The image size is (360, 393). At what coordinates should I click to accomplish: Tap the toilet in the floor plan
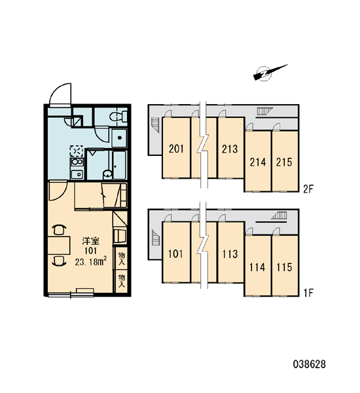pyautogui.click(x=118, y=117)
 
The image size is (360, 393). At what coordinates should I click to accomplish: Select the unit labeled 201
pyautogui.click(x=176, y=149)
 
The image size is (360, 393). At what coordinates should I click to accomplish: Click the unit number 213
pyautogui.click(x=230, y=149)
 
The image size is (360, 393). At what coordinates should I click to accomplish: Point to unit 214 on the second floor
pyautogui.click(x=257, y=162)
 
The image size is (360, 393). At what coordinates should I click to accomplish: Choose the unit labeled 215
pyautogui.click(x=284, y=162)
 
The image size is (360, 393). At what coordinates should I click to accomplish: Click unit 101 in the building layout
pyautogui.click(x=175, y=254)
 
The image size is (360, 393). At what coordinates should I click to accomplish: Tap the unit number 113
pyautogui.click(x=230, y=254)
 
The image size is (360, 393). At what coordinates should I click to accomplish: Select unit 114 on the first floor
pyautogui.click(x=257, y=267)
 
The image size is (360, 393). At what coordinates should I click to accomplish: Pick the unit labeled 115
pyautogui.click(x=284, y=267)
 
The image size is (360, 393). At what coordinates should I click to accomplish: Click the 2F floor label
pyautogui.click(x=308, y=189)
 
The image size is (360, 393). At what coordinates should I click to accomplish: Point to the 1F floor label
pyautogui.click(x=309, y=293)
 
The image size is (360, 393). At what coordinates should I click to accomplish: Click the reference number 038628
pyautogui.click(x=310, y=364)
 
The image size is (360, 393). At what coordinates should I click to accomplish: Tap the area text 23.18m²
pyautogui.click(x=91, y=261)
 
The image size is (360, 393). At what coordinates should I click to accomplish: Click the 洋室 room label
pyautogui.click(x=91, y=241)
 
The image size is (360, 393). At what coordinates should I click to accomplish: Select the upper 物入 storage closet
pyautogui.click(x=122, y=259)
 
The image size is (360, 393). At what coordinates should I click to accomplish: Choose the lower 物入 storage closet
pyautogui.click(x=122, y=281)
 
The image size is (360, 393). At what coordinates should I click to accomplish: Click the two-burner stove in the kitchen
pyautogui.click(x=77, y=162)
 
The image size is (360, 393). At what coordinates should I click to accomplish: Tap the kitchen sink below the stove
pyautogui.click(x=77, y=174)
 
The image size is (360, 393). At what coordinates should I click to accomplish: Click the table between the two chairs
pyautogui.click(x=59, y=246)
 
